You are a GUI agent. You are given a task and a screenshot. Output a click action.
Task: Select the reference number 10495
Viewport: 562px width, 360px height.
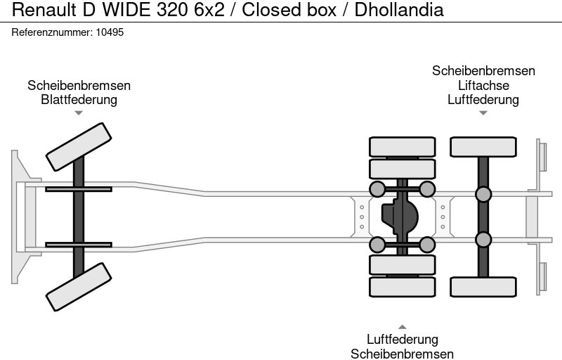110,32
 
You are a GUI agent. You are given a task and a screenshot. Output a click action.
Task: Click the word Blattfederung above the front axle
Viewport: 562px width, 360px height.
79,99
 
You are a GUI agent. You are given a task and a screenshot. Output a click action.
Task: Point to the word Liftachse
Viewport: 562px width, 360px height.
483,85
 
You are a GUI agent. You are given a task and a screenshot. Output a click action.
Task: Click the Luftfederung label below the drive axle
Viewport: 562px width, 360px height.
402,340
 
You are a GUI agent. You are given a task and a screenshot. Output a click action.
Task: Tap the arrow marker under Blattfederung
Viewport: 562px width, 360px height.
79,112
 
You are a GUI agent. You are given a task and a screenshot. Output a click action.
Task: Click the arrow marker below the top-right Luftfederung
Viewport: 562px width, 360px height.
483,112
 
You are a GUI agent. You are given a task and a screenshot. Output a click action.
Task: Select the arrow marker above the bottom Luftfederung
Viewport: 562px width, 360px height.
402,327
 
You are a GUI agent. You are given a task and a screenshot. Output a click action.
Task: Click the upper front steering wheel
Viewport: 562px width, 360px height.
79,146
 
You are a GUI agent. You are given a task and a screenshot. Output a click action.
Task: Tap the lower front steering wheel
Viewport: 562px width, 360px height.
79,287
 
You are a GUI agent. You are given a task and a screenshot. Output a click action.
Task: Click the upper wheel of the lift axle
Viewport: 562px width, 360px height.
483,146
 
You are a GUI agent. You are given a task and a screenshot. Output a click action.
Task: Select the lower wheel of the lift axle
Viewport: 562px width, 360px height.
483,286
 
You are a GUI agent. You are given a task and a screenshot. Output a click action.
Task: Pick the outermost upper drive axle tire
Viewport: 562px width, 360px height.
402,146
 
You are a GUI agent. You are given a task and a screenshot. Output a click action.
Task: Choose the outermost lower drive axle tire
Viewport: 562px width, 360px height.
402,287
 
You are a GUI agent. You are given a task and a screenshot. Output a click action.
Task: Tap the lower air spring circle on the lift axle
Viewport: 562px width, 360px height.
483,240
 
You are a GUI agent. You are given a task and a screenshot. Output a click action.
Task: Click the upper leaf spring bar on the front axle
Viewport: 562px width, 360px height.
79,188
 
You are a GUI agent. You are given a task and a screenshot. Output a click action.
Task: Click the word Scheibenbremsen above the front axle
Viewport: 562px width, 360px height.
79,85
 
